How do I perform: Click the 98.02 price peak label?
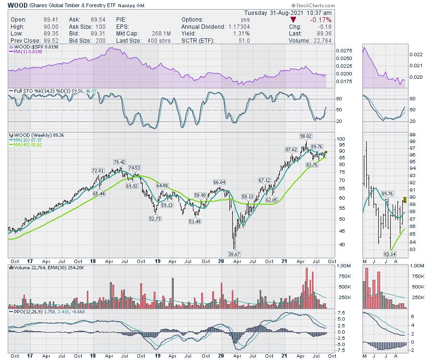[x=306, y=137]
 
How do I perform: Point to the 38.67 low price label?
[x=234, y=253]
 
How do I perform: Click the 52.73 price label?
[x=155, y=218]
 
